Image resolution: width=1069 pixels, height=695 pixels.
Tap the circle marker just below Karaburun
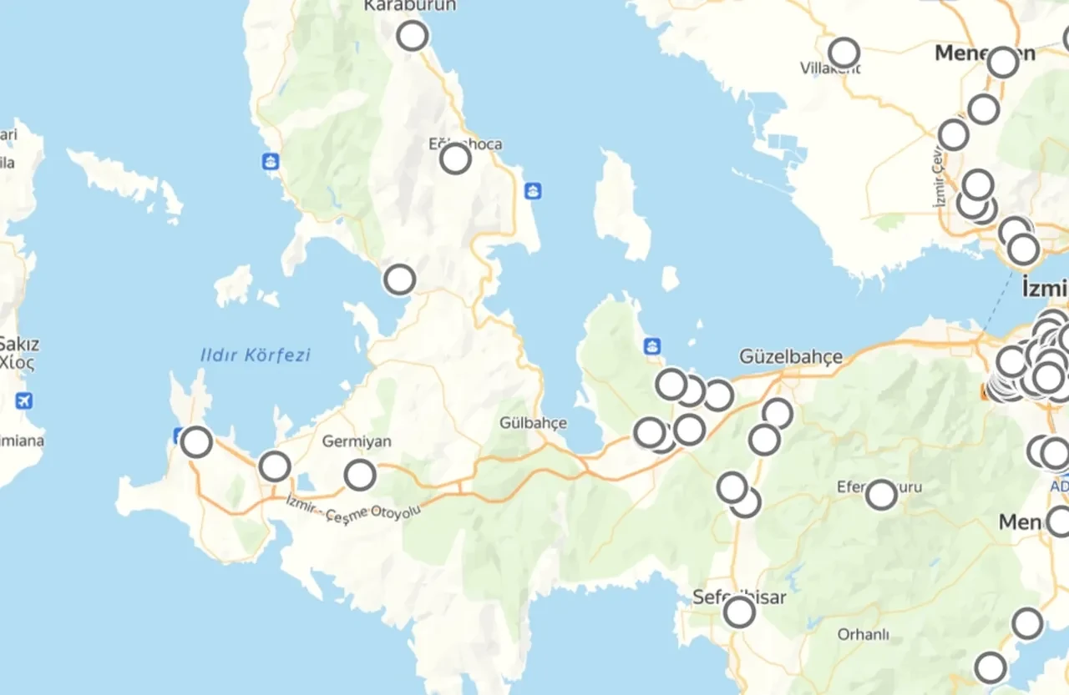click(412, 36)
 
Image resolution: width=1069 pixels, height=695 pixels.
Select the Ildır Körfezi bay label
click(256, 355)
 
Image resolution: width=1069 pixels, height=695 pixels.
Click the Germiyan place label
click(357, 441)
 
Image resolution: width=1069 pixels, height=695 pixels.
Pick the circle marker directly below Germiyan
click(360, 475)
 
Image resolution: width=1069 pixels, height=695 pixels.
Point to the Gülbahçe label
click(533, 423)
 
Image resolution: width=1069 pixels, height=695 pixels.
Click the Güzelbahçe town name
click(791, 357)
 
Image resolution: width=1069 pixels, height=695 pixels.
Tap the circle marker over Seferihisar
click(739, 612)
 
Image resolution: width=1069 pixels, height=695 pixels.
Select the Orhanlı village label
click(864, 634)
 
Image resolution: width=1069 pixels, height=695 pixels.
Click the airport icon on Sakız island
click(23, 400)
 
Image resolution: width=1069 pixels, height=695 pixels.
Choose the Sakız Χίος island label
click(18, 353)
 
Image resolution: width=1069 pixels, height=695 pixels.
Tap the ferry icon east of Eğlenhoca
click(533, 191)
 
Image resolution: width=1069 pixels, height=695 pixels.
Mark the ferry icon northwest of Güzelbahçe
click(652, 345)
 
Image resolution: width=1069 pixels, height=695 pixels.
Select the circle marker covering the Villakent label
click(844, 53)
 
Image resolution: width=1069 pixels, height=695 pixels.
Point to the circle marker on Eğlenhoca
click(455, 158)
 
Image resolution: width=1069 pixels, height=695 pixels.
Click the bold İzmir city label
click(1044, 290)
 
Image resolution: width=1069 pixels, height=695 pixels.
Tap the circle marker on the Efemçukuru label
click(881, 495)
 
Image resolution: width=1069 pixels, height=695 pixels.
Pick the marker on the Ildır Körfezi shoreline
click(399, 280)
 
